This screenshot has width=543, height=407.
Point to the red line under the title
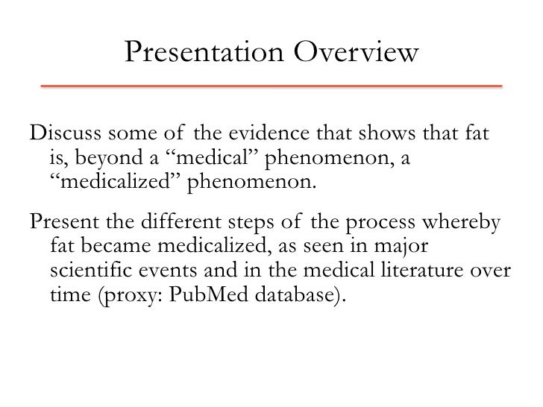click(271, 86)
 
